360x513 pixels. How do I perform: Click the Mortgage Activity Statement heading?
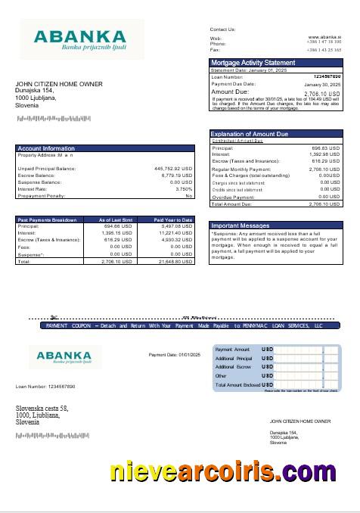(x=253, y=62)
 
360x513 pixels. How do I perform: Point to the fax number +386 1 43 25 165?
(x=323, y=49)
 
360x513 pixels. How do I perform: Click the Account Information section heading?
(x=45, y=148)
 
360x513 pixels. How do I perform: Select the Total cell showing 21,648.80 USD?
(x=173, y=260)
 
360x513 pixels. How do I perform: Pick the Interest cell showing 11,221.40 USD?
(x=173, y=233)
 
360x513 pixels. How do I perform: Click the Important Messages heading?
(x=241, y=225)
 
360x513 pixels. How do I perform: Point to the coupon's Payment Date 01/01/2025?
(x=172, y=354)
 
